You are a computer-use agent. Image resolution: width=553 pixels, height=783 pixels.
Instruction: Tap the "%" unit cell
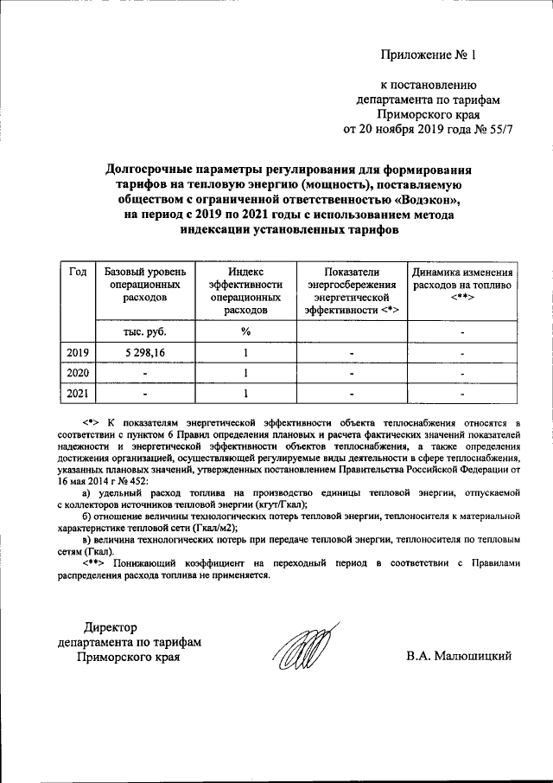[x=245, y=331]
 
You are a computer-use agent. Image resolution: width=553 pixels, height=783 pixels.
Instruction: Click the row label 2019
[x=77, y=352]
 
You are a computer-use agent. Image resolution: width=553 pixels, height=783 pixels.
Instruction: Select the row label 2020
[x=77, y=373]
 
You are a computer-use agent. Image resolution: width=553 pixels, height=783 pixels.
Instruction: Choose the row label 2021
[x=77, y=394]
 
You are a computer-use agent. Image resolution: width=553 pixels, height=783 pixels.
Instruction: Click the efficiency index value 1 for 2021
[x=245, y=394]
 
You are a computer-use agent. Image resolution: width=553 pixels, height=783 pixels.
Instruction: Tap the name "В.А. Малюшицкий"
[x=460, y=656]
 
